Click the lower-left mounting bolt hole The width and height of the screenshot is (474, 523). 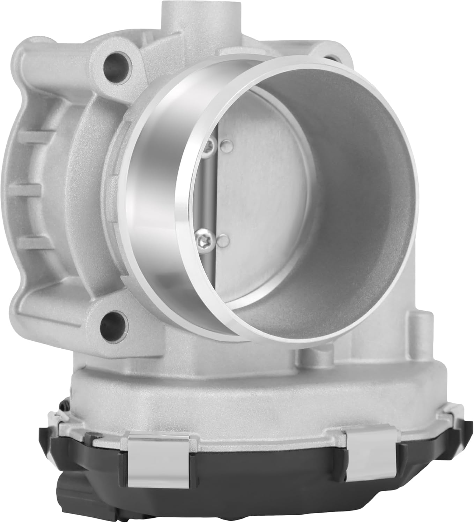click(110, 323)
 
